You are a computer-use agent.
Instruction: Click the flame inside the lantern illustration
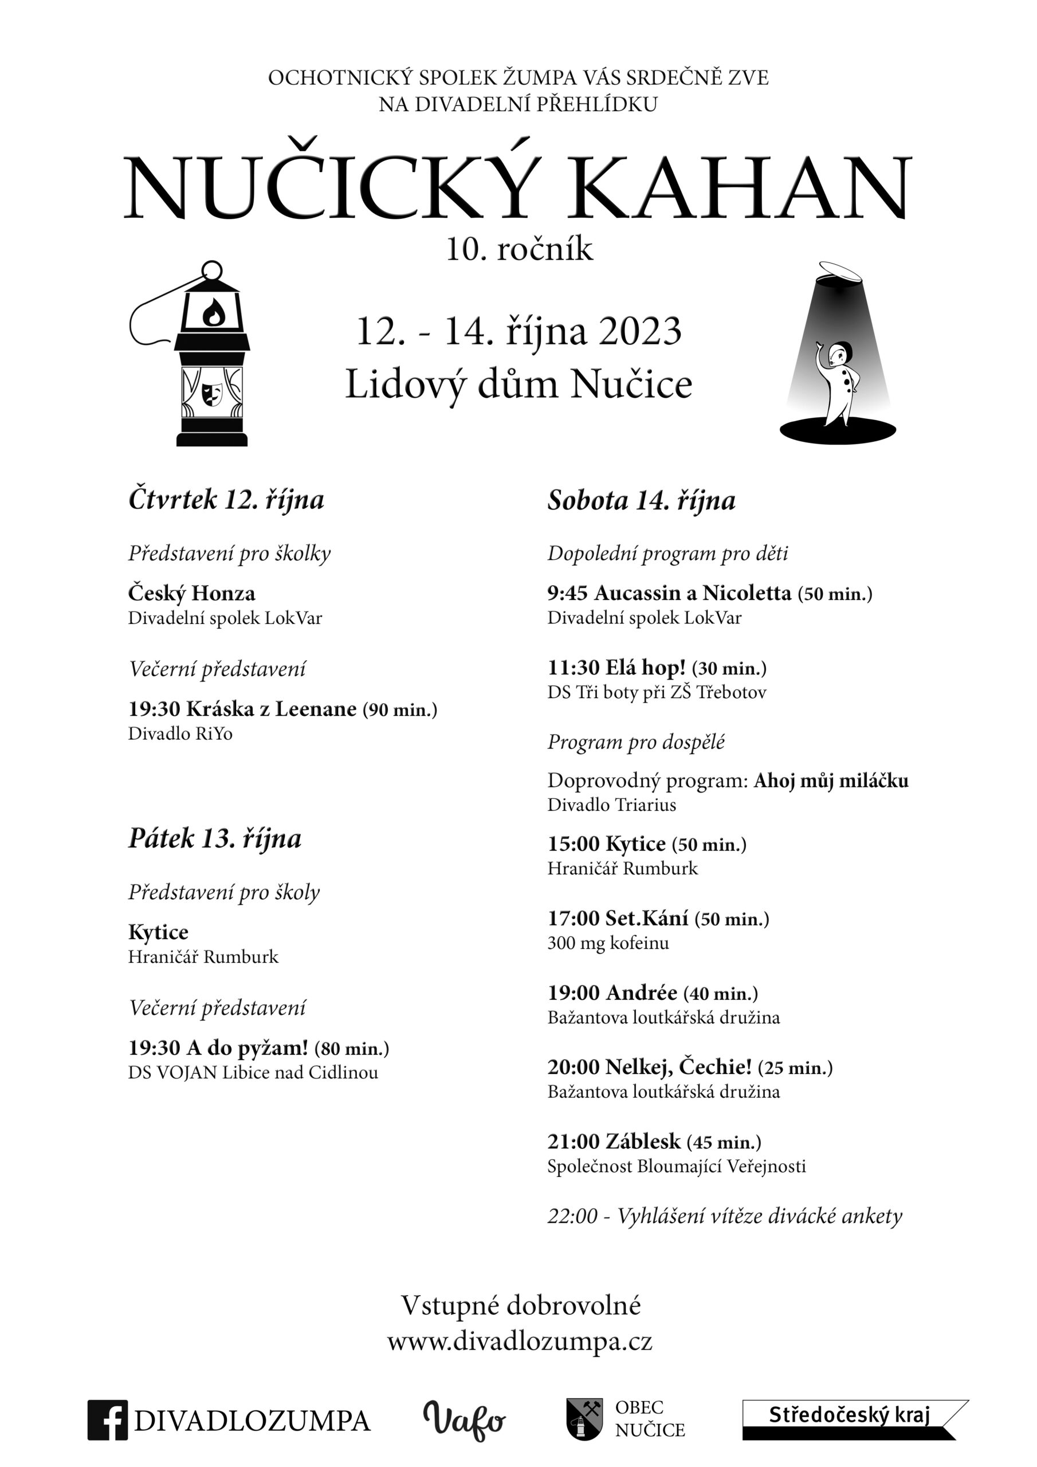(213, 312)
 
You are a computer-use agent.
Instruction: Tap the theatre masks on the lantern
(211, 394)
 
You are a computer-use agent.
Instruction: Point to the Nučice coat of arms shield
(584, 1418)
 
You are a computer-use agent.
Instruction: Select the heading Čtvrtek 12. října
(226, 500)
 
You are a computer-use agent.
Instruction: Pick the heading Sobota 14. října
(641, 500)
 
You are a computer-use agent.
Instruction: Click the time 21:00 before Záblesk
(573, 1142)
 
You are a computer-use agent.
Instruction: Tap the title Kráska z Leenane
(271, 709)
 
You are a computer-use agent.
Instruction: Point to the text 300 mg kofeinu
(608, 943)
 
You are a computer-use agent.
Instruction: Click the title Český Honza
(192, 593)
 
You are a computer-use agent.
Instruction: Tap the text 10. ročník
(519, 249)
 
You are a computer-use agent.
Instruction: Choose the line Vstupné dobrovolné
(520, 1305)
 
